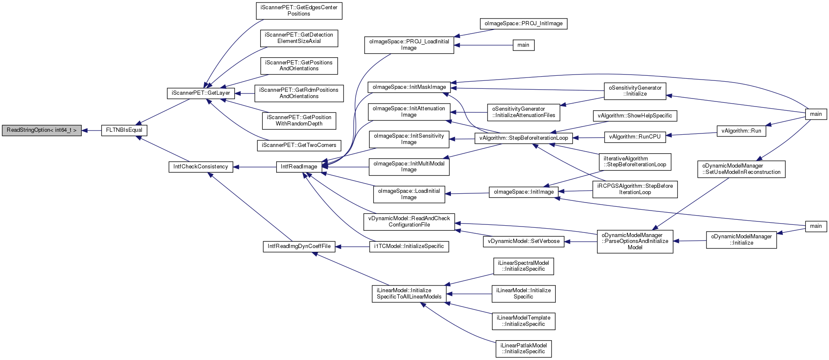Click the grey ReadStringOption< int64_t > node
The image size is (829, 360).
pyautogui.click(x=42, y=131)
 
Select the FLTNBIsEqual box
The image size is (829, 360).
pyautogui.click(x=124, y=131)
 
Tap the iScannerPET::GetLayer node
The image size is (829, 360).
pyautogui.click(x=201, y=93)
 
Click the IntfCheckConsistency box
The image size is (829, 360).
pyautogui.click(x=201, y=167)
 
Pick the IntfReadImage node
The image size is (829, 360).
pyautogui.click(x=299, y=167)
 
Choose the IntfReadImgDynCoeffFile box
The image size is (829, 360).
pyautogui.click(x=299, y=246)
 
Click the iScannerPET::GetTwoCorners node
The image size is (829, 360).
pyautogui.click(x=299, y=145)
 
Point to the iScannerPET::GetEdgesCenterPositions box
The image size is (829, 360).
pyautogui.click(x=299, y=11)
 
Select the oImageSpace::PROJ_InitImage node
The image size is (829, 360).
pyautogui.click(x=523, y=24)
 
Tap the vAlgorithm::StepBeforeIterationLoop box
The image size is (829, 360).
pyautogui.click(x=524, y=138)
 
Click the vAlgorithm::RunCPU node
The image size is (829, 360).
pyautogui.click(x=635, y=137)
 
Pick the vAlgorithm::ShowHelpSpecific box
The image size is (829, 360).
pyautogui.click(x=634, y=116)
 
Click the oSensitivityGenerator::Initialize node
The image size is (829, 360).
pyautogui.click(x=635, y=91)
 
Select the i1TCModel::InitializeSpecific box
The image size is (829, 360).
pyautogui.click(x=409, y=246)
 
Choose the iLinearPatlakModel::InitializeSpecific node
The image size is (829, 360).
pyautogui.click(x=523, y=349)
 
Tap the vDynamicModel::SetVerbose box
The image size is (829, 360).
pyautogui.click(x=523, y=241)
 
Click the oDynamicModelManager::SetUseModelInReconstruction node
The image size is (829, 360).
pyautogui.click(x=741, y=169)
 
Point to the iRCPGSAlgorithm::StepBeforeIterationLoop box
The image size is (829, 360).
pyautogui.click(x=635, y=189)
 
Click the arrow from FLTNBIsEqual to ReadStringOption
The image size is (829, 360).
pyautogui.click(x=91, y=131)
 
